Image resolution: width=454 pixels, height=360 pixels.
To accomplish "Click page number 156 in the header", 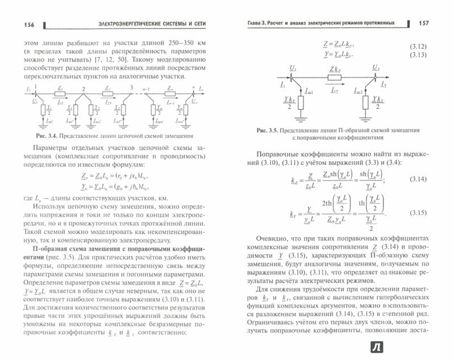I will click(25, 23).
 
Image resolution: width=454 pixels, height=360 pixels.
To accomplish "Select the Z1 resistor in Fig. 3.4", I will click(60, 91).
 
